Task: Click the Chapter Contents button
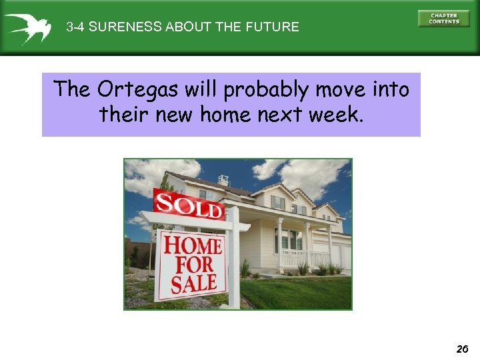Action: [x=443, y=18]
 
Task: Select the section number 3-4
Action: [x=75, y=27]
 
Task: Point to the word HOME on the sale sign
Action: [x=193, y=245]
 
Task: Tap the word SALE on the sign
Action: [x=193, y=283]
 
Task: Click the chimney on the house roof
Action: [x=223, y=180]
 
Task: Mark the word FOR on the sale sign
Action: [x=193, y=264]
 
